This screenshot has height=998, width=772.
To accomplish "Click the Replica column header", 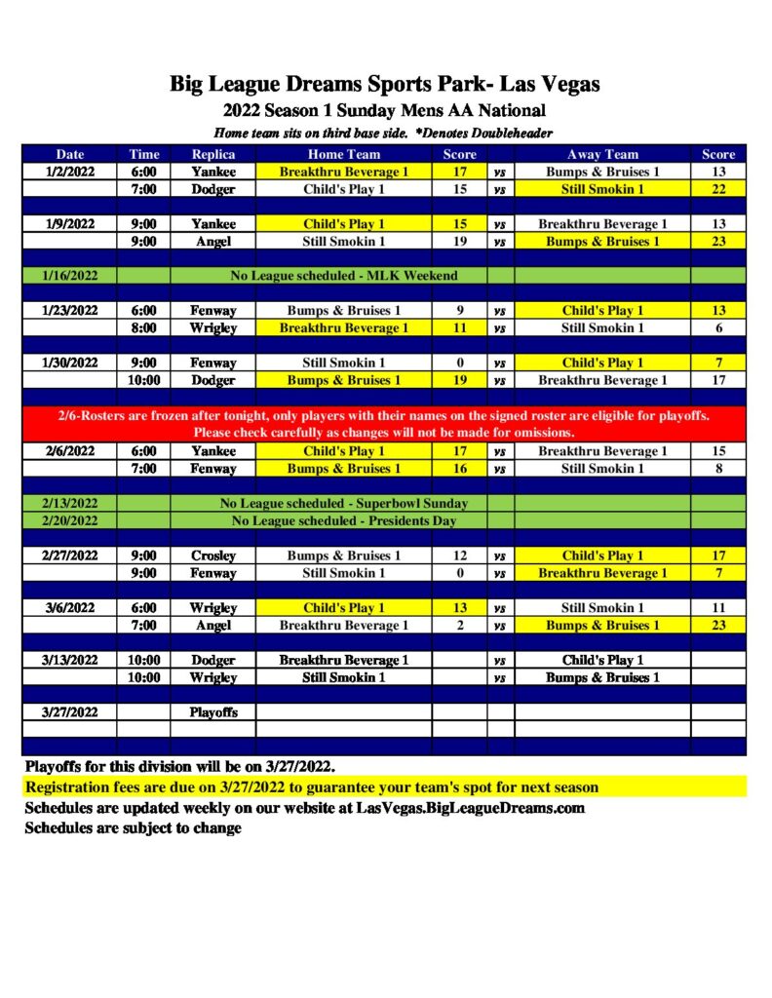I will [x=212, y=154].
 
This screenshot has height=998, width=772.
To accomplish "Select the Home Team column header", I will [x=344, y=154].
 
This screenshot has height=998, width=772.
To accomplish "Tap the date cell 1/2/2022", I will [x=69, y=172].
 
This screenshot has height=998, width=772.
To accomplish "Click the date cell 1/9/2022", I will [x=69, y=224].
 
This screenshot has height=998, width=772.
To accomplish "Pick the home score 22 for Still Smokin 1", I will [x=718, y=189].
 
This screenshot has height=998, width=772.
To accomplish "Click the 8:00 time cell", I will [x=144, y=328].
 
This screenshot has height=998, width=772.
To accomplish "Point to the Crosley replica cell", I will [x=212, y=556].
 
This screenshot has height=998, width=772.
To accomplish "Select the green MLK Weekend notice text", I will [x=344, y=276].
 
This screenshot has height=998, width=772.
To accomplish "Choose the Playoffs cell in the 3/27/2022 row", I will [x=212, y=711].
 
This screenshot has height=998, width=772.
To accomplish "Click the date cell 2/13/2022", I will [x=69, y=504].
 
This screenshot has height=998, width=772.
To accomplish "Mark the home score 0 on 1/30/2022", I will [x=459, y=363].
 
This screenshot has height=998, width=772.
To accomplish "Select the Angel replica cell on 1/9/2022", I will [x=212, y=241].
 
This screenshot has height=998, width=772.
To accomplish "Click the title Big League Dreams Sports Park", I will [x=385, y=84].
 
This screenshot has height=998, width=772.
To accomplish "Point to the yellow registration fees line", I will [x=312, y=787].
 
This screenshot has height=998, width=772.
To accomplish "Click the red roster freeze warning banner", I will [x=383, y=424].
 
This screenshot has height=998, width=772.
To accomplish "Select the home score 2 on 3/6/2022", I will [x=459, y=625].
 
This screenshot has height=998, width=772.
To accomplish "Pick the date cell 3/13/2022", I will [x=69, y=660].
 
